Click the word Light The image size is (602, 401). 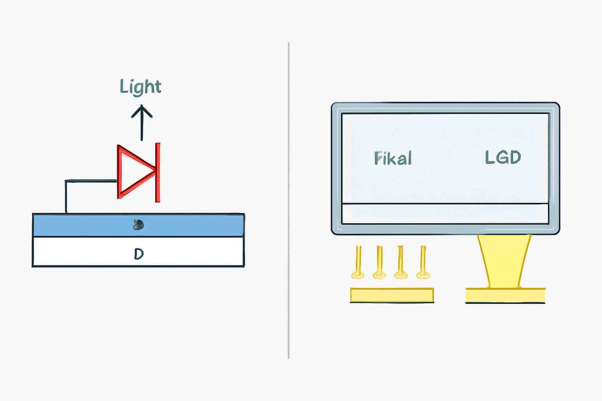point(140,87)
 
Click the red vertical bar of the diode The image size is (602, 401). point(158,172)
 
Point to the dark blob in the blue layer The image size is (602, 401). point(138,225)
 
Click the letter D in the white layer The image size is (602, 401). point(139,254)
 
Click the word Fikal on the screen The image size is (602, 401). point(393,158)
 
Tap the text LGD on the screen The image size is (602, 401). point(503,157)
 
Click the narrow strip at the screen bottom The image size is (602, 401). point(445,214)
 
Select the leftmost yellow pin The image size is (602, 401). point(358,262)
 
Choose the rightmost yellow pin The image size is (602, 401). point(423,262)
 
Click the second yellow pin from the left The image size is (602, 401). point(379,262)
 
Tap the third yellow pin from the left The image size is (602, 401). point(401,262)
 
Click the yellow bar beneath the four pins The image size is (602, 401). point(392,295)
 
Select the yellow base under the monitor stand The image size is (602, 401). point(505,295)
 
